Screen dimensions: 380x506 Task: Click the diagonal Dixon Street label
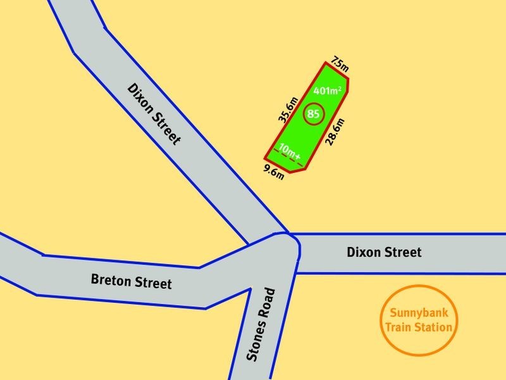[155, 113]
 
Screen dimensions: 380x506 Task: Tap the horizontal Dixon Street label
[384, 252]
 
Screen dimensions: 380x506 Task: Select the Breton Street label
[131, 281]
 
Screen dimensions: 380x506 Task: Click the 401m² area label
[328, 91]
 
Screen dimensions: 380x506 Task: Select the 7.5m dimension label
[340, 64]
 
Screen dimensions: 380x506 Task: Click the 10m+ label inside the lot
[290, 152]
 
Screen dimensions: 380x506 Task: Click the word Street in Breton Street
[152, 282]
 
